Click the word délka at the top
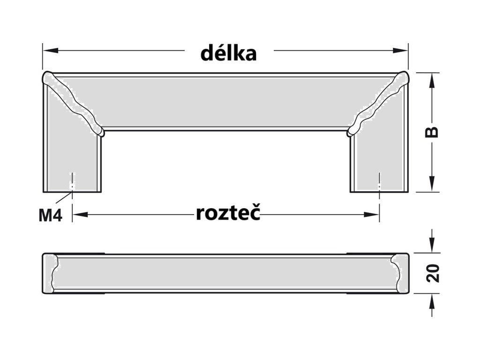[x=229, y=53]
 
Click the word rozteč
[x=228, y=214]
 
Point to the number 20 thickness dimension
[x=434, y=274]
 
